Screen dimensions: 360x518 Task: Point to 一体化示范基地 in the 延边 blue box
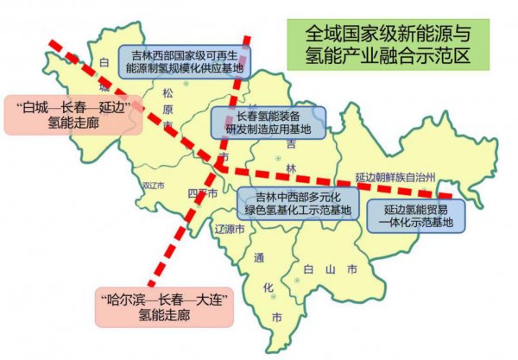point(414,223)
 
